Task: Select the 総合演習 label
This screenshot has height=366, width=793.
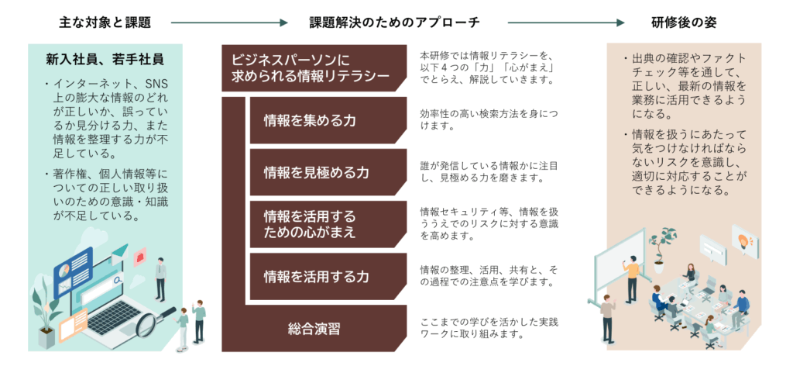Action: (x=314, y=328)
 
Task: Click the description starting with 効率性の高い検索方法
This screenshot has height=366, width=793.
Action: (x=488, y=120)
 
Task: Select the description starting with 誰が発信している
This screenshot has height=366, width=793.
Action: (x=488, y=172)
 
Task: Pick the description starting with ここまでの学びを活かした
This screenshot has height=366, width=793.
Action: (x=488, y=328)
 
